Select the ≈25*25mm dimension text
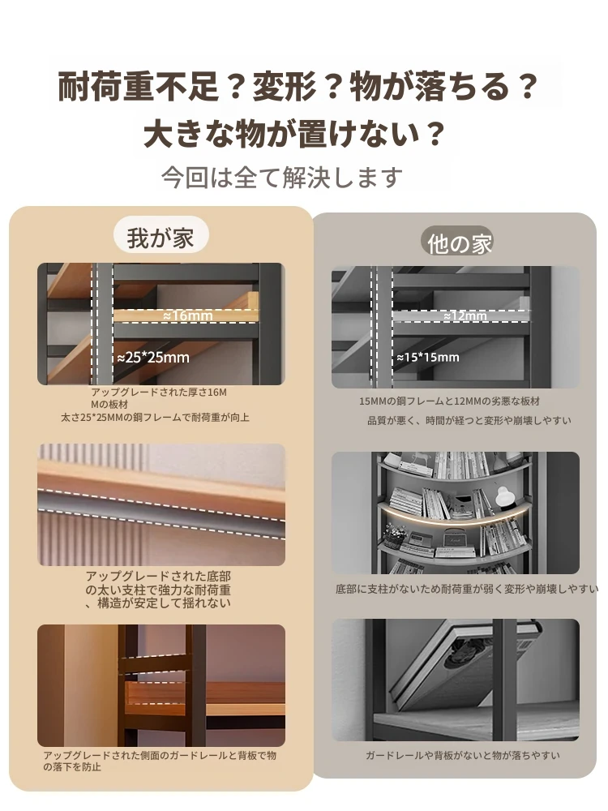coord(153,358)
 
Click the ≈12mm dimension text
coord(465,315)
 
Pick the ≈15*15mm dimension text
coord(428,357)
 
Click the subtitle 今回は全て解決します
coord(282,178)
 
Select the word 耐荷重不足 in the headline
coord(138,87)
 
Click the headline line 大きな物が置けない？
coord(294,134)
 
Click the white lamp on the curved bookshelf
coord(504,495)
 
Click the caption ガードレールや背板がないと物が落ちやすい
coord(463,756)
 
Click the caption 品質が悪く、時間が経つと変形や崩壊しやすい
coord(469,420)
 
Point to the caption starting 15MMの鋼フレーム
coord(450,401)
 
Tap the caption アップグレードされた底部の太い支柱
coord(158,590)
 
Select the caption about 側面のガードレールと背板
coord(160,761)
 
